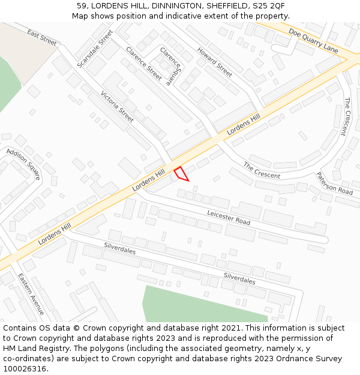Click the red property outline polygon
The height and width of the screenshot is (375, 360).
pyautogui.click(x=181, y=174)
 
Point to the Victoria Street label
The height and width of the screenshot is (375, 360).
pyautogui.click(x=117, y=107)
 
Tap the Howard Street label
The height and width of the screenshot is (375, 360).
pyautogui.click(x=214, y=61)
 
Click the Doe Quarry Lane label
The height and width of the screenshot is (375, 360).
pyautogui.click(x=313, y=40)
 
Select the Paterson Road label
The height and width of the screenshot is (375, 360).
pyautogui.click(x=334, y=183)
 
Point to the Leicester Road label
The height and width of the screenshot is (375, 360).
pyautogui.click(x=229, y=217)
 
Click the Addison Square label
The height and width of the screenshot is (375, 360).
pyautogui.click(x=23, y=164)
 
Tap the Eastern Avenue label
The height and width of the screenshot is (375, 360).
pyautogui.click(x=31, y=294)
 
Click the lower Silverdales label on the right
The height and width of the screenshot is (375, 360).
pyautogui.click(x=239, y=278)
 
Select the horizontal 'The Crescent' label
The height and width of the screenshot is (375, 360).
pyautogui.click(x=262, y=170)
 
